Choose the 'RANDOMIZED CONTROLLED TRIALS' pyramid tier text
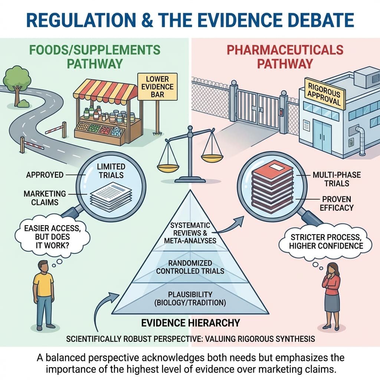pyautogui.click(x=190, y=266)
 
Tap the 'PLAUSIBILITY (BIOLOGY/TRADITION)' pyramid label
pyautogui.click(x=190, y=298)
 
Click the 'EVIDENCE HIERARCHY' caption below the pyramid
pyautogui.click(x=190, y=322)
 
